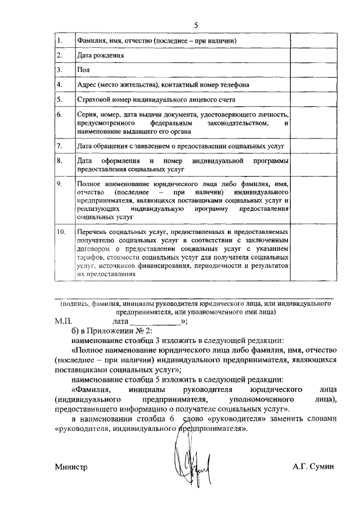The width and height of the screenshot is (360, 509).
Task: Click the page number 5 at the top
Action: pyautogui.click(x=196, y=25)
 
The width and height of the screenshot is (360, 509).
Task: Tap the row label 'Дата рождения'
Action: pyautogui.click(x=97, y=56)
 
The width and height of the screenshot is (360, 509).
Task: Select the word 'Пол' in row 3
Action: pyautogui.click(x=82, y=70)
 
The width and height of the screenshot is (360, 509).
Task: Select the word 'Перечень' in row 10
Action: pyautogui.click(x=92, y=231)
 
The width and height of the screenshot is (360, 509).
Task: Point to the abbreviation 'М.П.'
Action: pyautogui.click(x=64, y=321)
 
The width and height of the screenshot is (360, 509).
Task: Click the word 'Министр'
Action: pyautogui.click(x=71, y=467)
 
